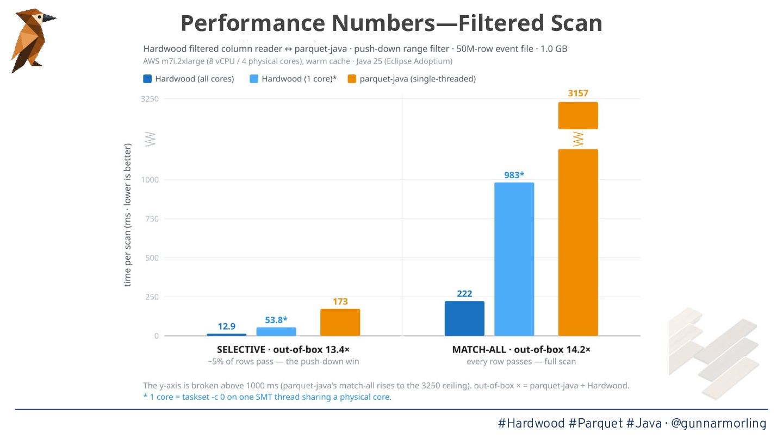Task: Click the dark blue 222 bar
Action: click(464, 318)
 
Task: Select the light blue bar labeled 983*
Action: click(514, 259)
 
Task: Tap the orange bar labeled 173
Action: click(340, 322)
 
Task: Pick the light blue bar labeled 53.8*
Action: click(276, 331)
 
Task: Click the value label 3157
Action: click(578, 93)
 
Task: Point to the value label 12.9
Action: click(227, 326)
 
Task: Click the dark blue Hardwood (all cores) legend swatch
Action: click(147, 79)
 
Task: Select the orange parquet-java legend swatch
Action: click(352, 79)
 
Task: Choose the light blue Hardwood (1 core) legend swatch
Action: click(254, 79)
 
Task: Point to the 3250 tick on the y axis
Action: click(150, 99)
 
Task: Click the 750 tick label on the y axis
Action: click(152, 219)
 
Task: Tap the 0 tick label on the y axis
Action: click(156, 336)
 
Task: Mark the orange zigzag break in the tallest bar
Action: click(578, 139)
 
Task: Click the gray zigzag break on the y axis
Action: click(150, 139)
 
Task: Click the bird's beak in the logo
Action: click(49, 18)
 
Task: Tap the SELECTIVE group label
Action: click(241, 350)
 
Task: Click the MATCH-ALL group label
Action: click(479, 350)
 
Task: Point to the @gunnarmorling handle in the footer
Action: click(719, 424)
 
